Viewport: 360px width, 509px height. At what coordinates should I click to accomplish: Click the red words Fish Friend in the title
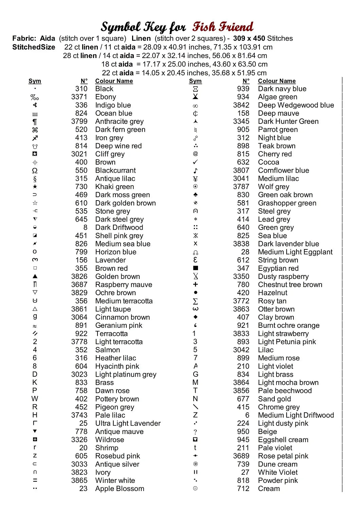pos(222,26)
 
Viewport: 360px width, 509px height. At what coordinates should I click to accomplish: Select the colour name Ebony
pos(106,97)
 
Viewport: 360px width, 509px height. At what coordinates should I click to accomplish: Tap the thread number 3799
pos(79,121)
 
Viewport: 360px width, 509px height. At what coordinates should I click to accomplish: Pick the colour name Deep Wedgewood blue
pos(296,105)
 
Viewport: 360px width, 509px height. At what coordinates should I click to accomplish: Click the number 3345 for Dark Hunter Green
pos(241,121)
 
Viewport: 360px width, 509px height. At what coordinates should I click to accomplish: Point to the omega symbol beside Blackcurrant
pos(35,171)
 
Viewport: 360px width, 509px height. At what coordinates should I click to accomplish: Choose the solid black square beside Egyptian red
pos(195,268)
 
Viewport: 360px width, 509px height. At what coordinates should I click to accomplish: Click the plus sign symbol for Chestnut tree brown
pos(195,285)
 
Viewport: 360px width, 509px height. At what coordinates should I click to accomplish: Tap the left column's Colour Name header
pos(114,81)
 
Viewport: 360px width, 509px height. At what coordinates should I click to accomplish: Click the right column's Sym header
pos(195,81)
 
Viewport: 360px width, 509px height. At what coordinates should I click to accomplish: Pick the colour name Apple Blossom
pos(120,489)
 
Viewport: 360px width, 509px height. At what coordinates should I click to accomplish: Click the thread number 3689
pos(241,456)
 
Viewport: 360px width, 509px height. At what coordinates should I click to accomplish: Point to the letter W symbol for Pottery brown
pos(35,399)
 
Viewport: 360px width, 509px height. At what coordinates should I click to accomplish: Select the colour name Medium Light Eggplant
pos(295,252)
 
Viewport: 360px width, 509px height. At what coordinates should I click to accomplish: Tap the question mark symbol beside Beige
pos(195,432)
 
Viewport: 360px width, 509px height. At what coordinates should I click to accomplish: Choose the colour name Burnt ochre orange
pos(289,325)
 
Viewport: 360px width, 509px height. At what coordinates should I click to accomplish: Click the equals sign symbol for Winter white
pos(35,480)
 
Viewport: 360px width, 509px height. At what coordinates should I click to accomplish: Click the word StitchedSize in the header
pos(34,47)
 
